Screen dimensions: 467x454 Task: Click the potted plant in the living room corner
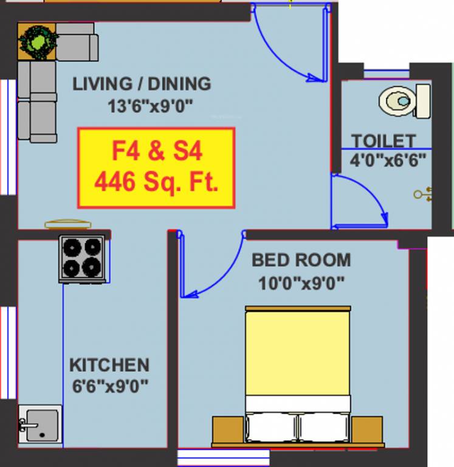tap(38, 41)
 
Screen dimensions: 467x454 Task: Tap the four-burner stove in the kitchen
tap(83, 258)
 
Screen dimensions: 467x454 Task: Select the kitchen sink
tap(40, 423)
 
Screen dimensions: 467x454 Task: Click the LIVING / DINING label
tap(142, 83)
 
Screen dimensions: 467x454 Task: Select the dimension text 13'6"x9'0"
tap(150, 106)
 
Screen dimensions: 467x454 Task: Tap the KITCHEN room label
tap(109, 365)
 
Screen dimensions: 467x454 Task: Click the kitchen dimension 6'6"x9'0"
tap(109, 386)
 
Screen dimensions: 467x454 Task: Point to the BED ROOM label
tap(301, 260)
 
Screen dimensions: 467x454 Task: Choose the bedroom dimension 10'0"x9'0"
tap(302, 282)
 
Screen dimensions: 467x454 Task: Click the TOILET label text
tap(383, 141)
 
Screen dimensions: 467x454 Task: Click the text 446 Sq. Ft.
tap(156, 182)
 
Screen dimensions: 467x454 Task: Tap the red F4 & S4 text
tap(156, 151)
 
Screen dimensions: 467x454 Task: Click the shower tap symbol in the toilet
tap(423, 194)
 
